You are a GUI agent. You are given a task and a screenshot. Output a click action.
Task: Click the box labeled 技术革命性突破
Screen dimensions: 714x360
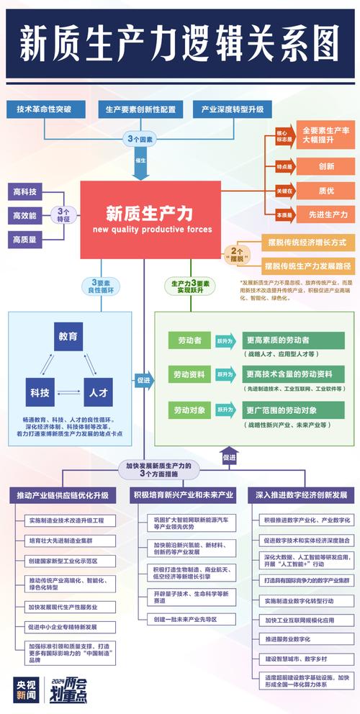click(45, 109)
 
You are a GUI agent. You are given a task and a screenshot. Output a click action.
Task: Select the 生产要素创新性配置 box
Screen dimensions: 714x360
click(140, 109)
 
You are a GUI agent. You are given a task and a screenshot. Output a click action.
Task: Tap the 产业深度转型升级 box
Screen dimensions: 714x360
click(233, 109)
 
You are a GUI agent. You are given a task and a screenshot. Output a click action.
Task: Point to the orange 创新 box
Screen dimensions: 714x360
click(326, 166)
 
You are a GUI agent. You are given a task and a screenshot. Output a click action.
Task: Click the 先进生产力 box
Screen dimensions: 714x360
click(326, 214)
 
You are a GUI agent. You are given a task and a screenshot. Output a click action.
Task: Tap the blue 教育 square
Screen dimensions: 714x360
click(69, 336)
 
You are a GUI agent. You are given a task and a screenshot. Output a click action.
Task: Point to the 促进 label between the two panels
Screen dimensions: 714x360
click(143, 379)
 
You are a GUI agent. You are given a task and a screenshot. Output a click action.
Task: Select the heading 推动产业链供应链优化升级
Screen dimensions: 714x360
click(63, 495)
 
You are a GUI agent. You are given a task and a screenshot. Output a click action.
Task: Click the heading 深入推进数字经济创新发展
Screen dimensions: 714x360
click(301, 495)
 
